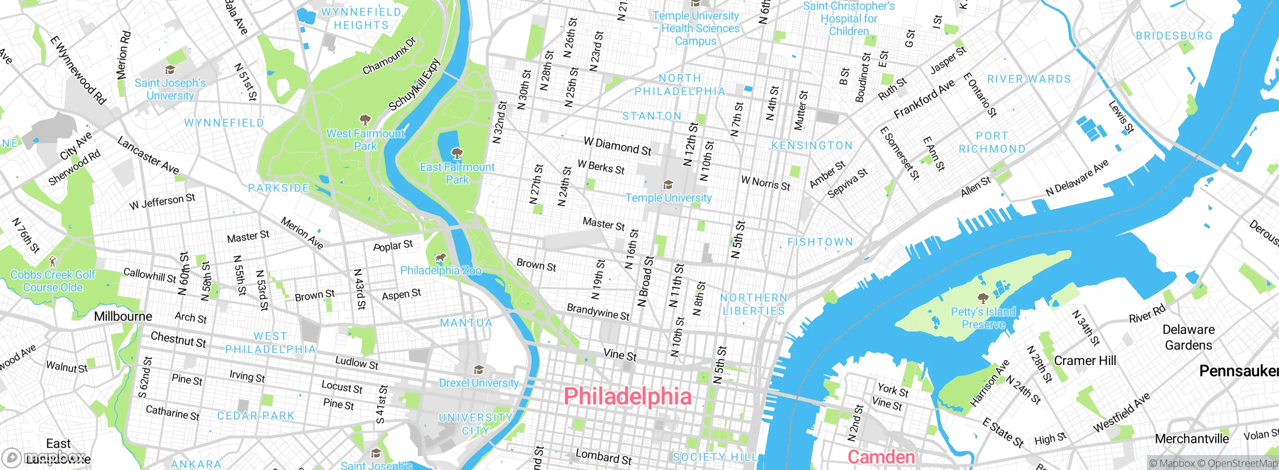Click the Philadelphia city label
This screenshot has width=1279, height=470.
point(628,396)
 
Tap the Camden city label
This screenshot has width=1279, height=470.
point(881,457)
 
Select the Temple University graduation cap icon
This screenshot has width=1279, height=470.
point(668,185)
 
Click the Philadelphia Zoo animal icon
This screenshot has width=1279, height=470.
point(440,258)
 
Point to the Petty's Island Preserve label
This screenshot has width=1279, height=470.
point(983,318)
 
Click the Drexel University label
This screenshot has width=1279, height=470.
point(479,383)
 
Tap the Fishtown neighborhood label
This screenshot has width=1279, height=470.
point(820,242)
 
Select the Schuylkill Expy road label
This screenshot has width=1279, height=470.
point(415,85)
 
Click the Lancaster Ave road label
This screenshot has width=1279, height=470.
point(148,155)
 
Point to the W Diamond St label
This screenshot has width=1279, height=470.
point(618,146)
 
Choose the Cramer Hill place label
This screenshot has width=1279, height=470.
point(1085,360)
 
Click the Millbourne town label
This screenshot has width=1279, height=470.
point(123,316)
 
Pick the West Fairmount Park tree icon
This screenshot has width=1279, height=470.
point(365,120)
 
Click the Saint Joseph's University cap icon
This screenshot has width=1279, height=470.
point(170,70)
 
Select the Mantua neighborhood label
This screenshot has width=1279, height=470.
point(466,323)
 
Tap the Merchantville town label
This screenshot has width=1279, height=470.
point(1192,439)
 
